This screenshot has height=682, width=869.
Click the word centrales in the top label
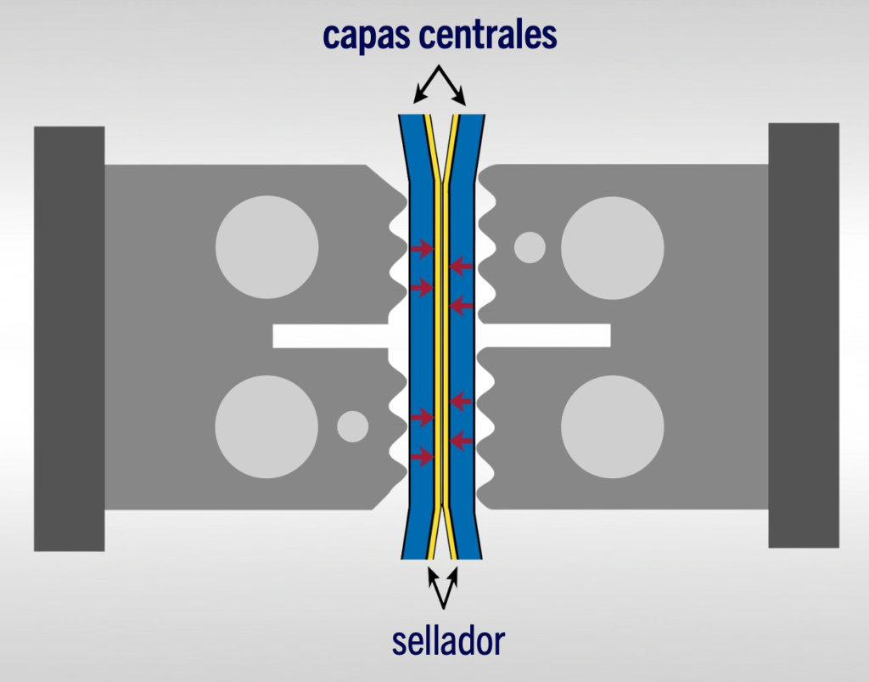492,35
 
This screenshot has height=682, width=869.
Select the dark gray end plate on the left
69,338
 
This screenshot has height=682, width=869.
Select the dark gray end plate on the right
803,335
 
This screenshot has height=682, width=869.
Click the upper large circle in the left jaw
267,247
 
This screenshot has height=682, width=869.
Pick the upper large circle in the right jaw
612,247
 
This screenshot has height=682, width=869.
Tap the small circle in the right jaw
530,247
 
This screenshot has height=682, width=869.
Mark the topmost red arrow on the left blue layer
422,249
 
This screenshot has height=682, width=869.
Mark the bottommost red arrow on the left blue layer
422,457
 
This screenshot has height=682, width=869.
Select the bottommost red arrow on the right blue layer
461,440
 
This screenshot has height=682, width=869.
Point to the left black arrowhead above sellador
433,575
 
